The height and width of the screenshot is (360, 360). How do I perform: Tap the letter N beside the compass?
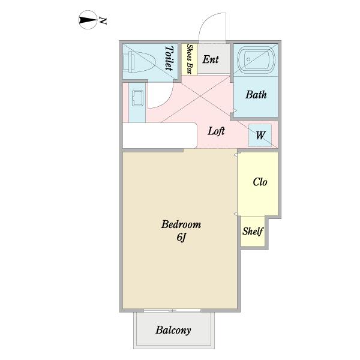[x=103, y=20]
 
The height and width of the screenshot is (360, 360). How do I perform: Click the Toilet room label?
[x=170, y=58]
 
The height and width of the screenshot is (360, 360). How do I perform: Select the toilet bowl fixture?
[x=139, y=62]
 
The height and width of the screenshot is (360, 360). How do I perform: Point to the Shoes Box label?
[x=190, y=59]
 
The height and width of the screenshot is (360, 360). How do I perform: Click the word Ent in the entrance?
[x=211, y=59]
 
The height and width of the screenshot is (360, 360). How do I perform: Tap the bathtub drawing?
[x=256, y=59]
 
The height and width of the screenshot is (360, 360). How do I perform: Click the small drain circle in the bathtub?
[x=248, y=59]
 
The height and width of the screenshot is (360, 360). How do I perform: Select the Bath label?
[x=256, y=95]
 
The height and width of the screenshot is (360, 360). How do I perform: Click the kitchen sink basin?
[x=137, y=98]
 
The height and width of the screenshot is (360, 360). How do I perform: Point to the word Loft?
[x=216, y=131]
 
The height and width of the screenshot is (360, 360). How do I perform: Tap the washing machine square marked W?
[x=260, y=135]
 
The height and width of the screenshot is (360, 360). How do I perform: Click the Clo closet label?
[x=260, y=182]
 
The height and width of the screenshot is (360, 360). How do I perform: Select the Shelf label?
[x=253, y=231]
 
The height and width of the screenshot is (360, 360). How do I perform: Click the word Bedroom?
[x=181, y=224]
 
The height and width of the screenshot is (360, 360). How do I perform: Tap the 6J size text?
[x=181, y=237]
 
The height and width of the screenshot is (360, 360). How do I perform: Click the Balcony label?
[x=173, y=330]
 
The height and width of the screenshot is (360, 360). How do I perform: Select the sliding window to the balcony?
[x=172, y=310]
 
